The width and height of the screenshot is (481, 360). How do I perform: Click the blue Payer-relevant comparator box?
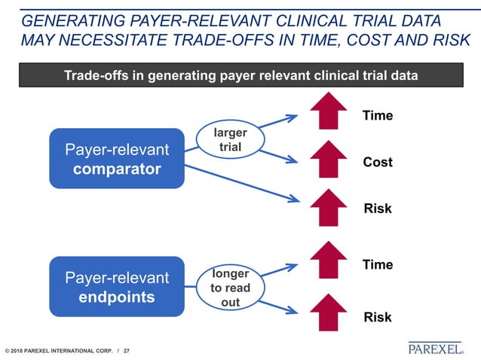pyautogui.click(x=116, y=158)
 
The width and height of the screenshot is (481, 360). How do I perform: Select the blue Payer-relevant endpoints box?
pyautogui.click(x=116, y=287)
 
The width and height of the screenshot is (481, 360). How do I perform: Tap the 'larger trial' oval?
pyautogui.click(x=230, y=140)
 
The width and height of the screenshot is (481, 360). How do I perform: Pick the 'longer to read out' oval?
pyautogui.click(x=230, y=286)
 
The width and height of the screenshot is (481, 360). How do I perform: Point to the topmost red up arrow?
pyautogui.click(x=323, y=112)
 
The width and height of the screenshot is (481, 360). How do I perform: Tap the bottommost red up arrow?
pyautogui.click(x=323, y=313)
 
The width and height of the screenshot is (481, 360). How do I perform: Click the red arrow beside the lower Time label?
pyautogui.click(x=323, y=259)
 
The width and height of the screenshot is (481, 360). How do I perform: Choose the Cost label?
pyautogui.click(x=378, y=162)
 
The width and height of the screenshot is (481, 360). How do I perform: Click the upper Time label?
pyautogui.click(x=378, y=116)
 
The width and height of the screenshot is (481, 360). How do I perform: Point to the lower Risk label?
pyautogui.click(x=378, y=317)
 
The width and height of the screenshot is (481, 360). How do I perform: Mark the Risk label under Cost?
pyautogui.click(x=378, y=209)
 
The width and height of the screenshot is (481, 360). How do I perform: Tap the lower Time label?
pyautogui.click(x=378, y=264)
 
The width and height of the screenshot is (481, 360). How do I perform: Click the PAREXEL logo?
pyautogui.click(x=436, y=348)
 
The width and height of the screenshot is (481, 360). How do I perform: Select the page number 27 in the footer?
pyautogui.click(x=127, y=351)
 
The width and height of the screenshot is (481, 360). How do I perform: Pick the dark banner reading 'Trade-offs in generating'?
pyautogui.click(x=240, y=75)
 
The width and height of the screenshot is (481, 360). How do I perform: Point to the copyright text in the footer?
pyautogui.click(x=57, y=351)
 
